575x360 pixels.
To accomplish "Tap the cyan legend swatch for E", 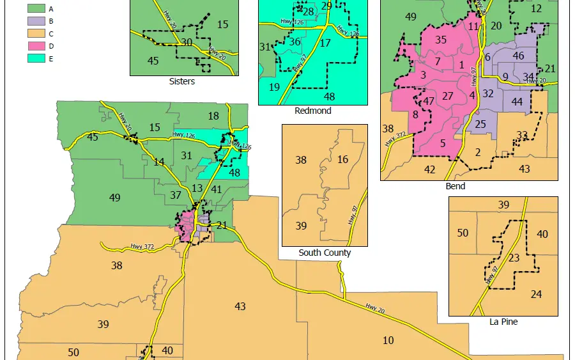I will [36, 58].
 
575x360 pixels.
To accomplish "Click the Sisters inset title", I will [182, 81].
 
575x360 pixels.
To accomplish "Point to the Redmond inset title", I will [313, 111].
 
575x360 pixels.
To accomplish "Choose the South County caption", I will [325, 253].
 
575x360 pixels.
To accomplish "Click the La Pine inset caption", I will [503, 322].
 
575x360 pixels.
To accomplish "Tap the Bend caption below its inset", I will [456, 187].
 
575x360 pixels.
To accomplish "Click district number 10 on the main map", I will [388, 340].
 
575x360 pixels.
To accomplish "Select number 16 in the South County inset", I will [343, 159].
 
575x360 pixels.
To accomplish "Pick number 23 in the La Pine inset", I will [514, 259].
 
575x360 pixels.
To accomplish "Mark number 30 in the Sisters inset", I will [187, 42].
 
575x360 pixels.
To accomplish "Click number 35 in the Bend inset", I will [441, 40].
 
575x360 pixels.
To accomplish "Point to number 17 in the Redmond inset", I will [325, 43].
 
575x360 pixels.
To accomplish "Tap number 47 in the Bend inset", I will [429, 101].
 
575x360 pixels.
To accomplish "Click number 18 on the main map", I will [213, 116].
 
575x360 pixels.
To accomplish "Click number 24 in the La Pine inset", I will [537, 294].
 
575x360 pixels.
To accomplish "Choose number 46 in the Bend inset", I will [519, 56].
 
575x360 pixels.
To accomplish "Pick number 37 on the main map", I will [176, 195].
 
